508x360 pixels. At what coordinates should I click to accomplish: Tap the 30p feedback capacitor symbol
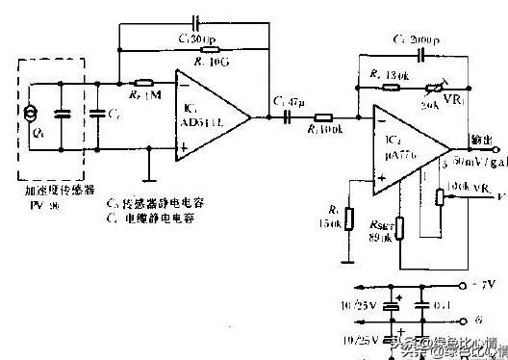(196, 21)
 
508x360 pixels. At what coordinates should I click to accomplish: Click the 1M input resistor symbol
(144, 84)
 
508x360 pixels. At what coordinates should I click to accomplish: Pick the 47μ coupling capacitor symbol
(287, 116)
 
